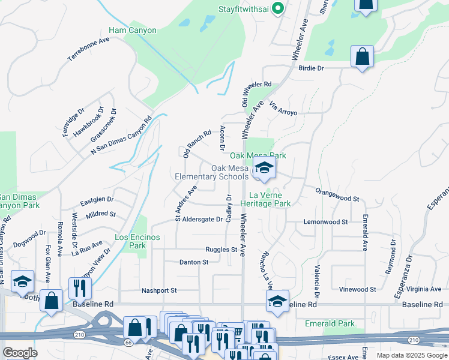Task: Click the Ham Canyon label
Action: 132,30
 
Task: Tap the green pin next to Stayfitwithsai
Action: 277,8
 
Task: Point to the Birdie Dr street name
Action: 311,68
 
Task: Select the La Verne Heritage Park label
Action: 270,199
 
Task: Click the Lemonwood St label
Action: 326,221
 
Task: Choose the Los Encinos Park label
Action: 137,241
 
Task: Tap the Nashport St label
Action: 159,290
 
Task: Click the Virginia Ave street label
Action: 423,289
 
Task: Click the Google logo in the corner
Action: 19,352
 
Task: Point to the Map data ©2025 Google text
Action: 412,355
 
